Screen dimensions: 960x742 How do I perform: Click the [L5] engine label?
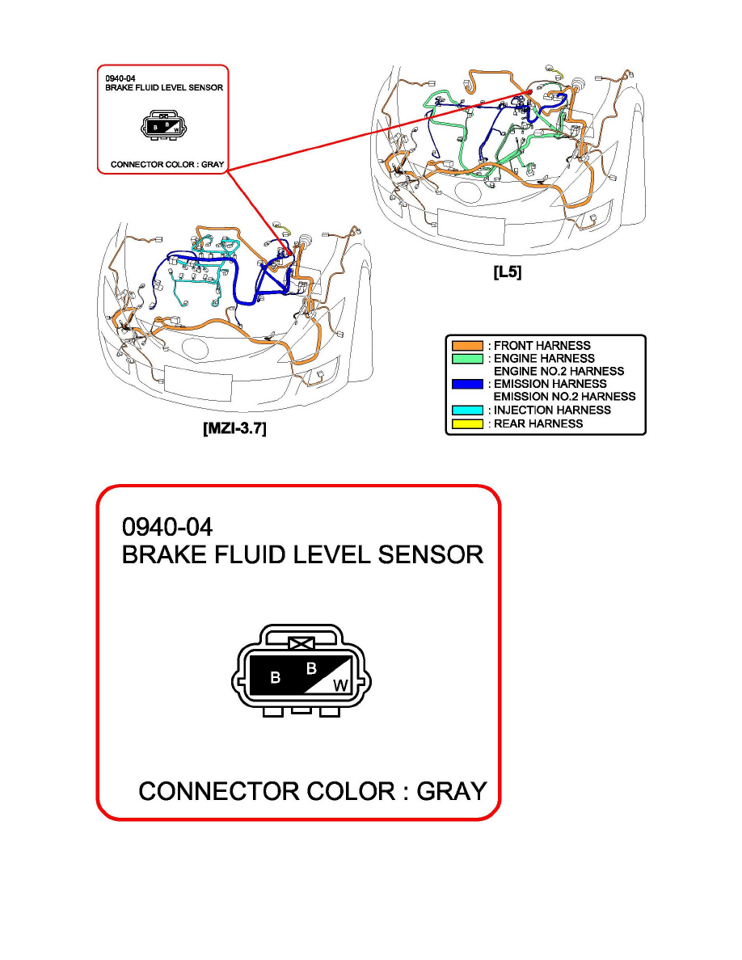click(507, 273)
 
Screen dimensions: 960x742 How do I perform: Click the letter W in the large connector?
click(341, 685)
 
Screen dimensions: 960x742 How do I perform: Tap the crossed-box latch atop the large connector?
click(301, 645)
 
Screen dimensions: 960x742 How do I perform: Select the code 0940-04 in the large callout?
click(167, 528)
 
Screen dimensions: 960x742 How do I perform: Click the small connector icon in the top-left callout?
click(162, 125)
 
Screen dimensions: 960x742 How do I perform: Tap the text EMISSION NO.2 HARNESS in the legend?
click(564, 397)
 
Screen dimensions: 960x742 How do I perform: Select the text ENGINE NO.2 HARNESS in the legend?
click(559, 371)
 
